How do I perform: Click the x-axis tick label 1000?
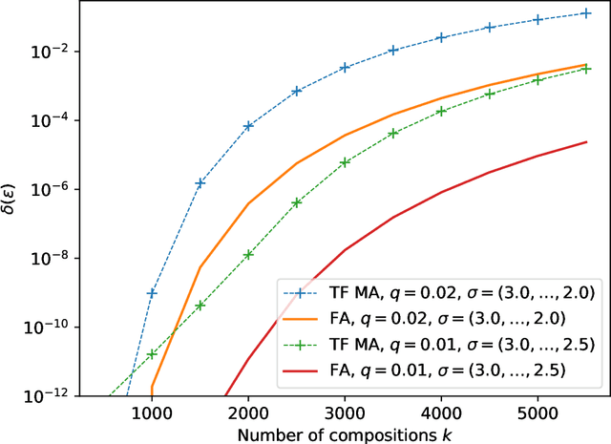pos(151,412)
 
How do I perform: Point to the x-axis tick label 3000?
pos(345,412)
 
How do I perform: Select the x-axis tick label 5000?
pos(537,412)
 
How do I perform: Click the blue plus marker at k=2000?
pos(248,126)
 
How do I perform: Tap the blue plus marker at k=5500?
pos(586,13)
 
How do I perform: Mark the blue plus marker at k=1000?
pos(152,292)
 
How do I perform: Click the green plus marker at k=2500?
pos(297,202)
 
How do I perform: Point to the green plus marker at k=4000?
pos(441,112)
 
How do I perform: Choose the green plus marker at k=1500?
pos(200,306)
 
